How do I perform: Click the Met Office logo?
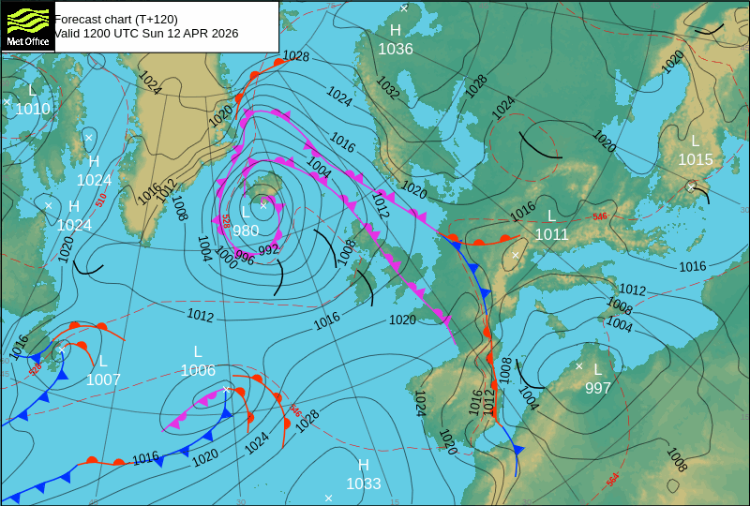pos(28,25)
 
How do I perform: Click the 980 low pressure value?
pos(246,231)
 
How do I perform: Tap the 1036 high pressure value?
pos(396,49)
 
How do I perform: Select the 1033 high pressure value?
pos(364,484)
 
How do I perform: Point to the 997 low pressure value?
pos(598,388)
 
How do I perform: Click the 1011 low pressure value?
pos(551,234)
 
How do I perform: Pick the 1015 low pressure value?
pos(696,159)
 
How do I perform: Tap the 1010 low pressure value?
pos(33,109)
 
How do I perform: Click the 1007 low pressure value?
pos(103,379)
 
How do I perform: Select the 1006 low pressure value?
pos(198,370)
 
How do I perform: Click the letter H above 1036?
pos(396,31)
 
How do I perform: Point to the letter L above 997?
pos(597,369)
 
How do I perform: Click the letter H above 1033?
pos(364,465)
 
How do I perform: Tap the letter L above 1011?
pos(552,216)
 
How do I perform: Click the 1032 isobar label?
pos(388,88)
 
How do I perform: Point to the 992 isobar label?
pos(268,250)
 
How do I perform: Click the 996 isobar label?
pos(245,256)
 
